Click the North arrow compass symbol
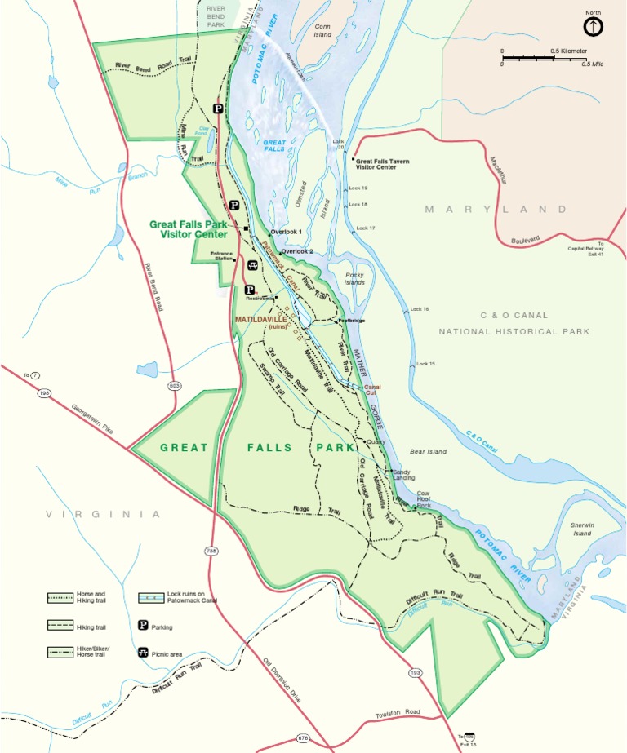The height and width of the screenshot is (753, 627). [x=594, y=26]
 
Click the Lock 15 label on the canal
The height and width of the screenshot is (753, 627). [x=426, y=363]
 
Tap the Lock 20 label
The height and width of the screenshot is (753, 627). [x=340, y=144]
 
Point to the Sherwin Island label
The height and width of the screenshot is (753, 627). [x=581, y=529]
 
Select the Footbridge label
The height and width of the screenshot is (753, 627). [x=352, y=321]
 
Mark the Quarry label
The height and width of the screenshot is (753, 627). [x=376, y=441]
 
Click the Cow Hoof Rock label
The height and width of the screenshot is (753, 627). [x=423, y=499]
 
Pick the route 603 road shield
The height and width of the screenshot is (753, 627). [x=174, y=385]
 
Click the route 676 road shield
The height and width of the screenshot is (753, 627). [x=304, y=738]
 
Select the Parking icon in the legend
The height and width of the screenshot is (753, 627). [x=143, y=627]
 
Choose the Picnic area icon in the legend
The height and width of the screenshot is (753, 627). [x=143, y=653]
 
